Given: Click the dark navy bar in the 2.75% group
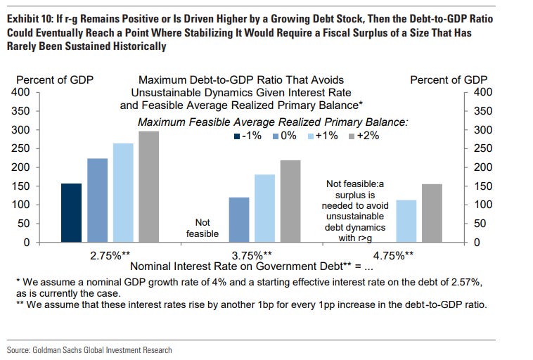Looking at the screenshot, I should pyautogui.click(x=72, y=212).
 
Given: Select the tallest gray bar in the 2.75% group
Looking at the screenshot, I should pyautogui.click(x=148, y=186).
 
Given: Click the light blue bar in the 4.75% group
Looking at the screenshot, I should pyautogui.click(x=406, y=221).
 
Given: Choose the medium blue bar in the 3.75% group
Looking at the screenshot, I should pyautogui.click(x=239, y=219).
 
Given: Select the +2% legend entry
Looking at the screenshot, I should pyautogui.click(x=362, y=136).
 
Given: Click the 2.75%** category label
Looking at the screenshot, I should pyautogui.click(x=110, y=255).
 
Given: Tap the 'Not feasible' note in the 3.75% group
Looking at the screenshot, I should pyautogui.click(x=202, y=228).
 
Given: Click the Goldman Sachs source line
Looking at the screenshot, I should pyautogui.click(x=89, y=349).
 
